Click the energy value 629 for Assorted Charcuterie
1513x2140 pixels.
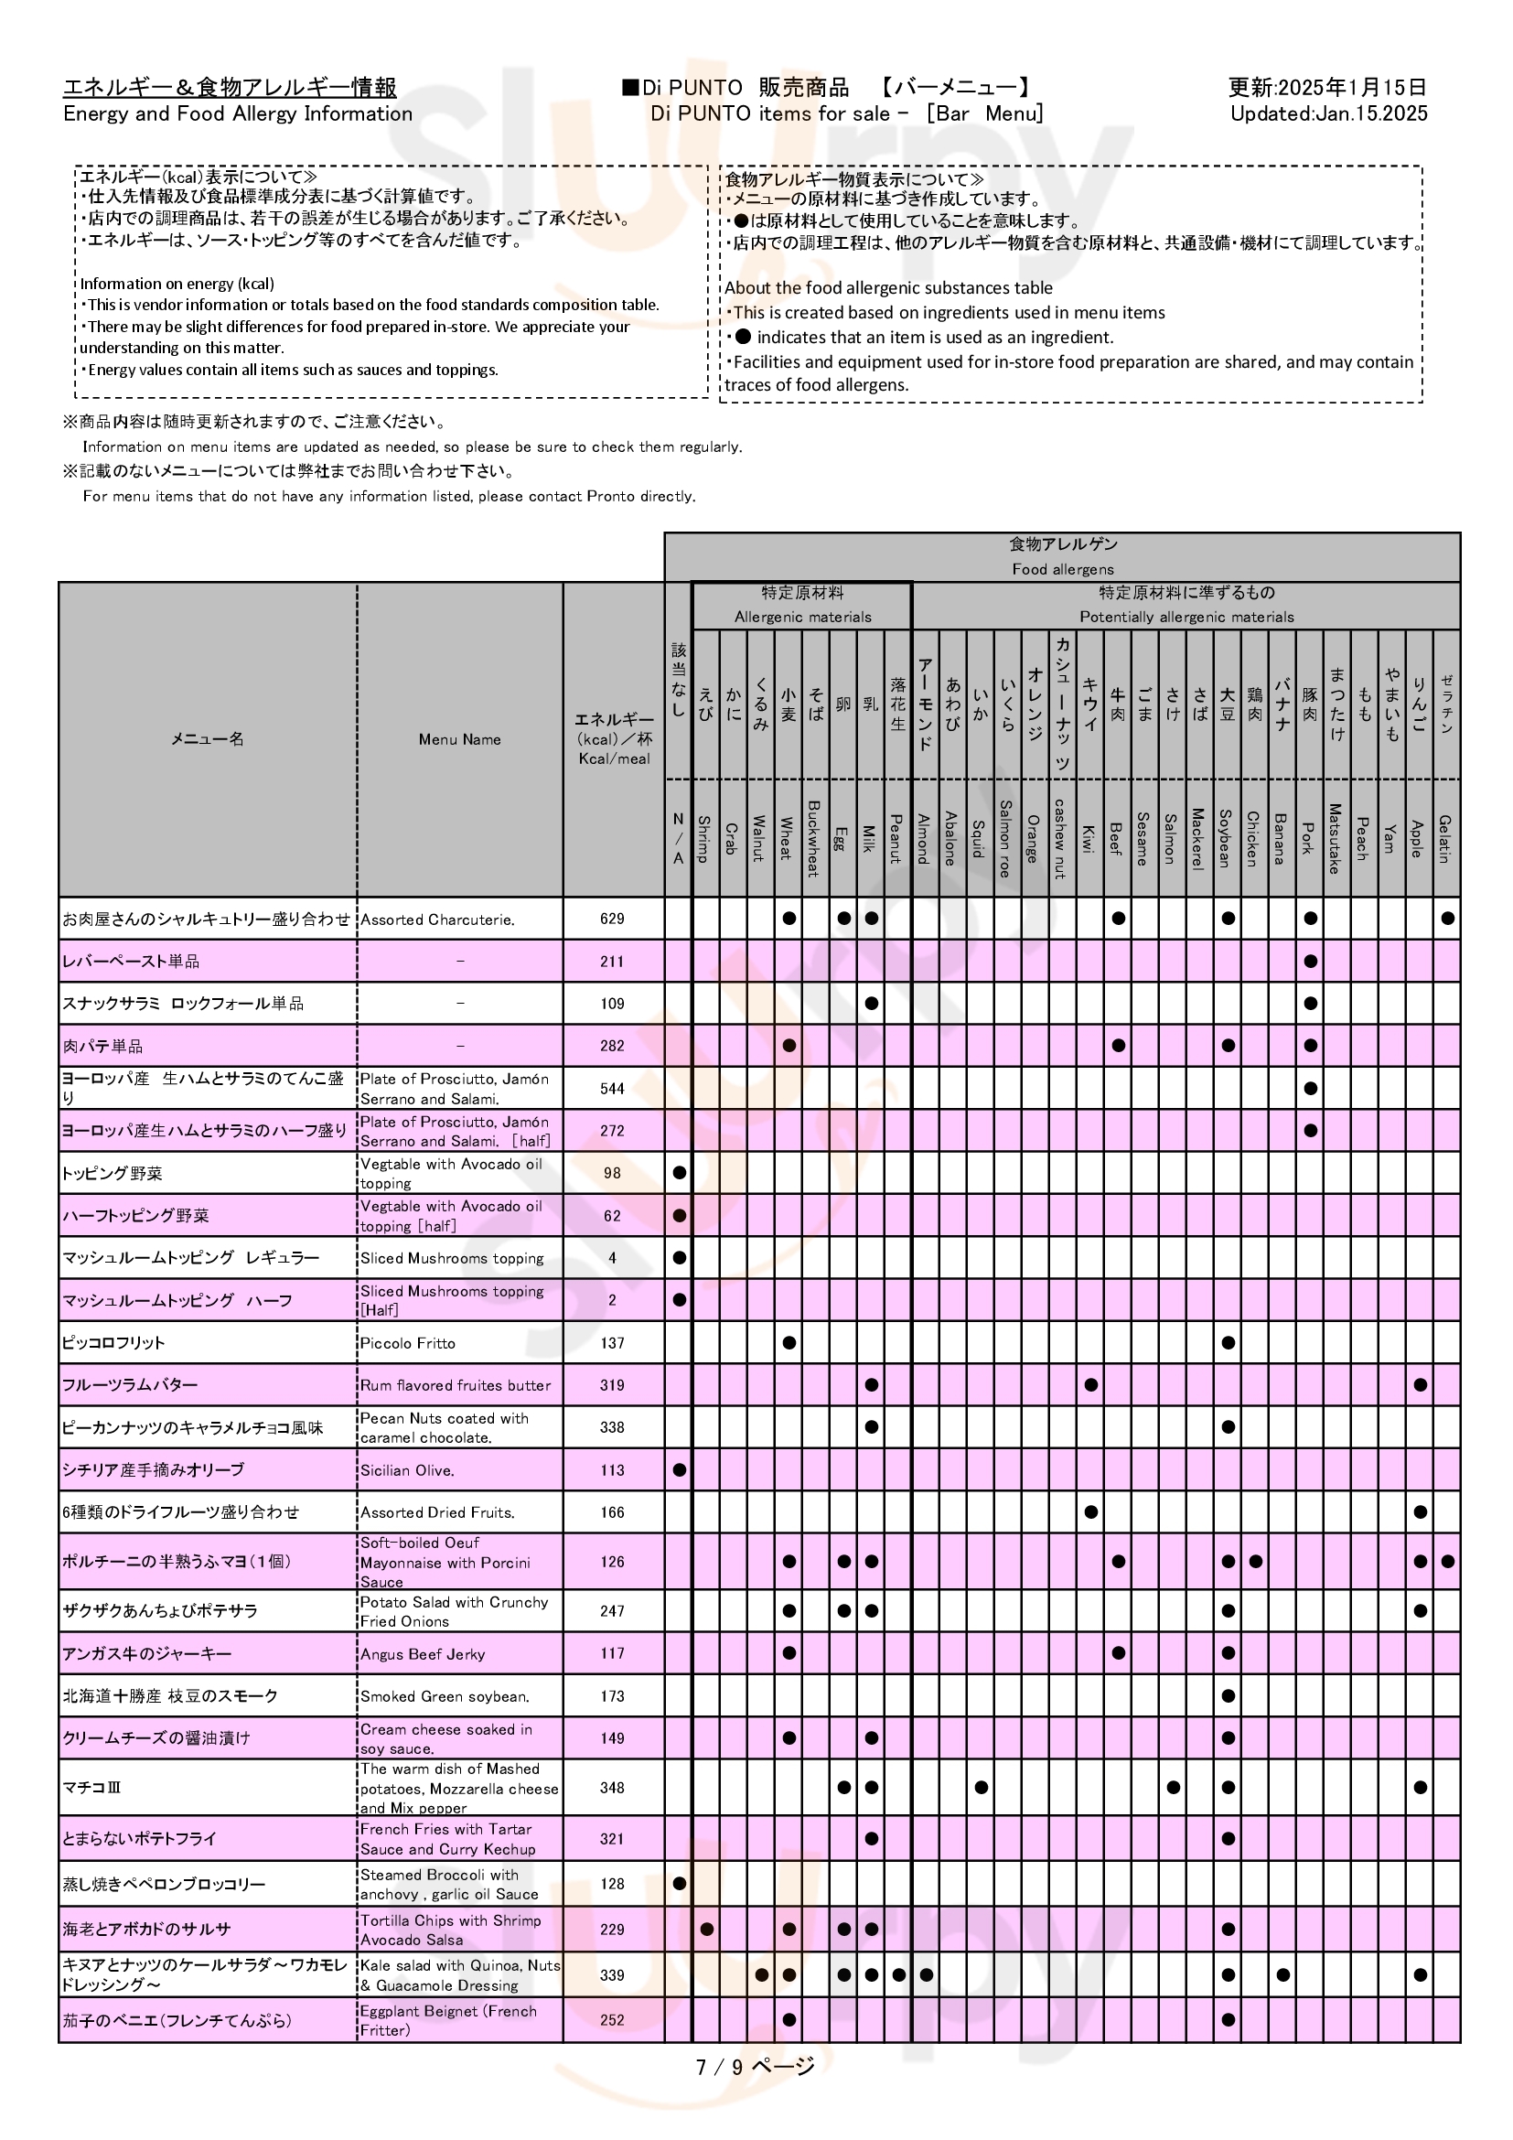612,919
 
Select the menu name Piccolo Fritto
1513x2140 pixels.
408,1343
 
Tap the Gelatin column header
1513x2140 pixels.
1446,839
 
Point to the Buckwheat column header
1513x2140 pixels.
813,839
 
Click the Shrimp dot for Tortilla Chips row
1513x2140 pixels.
706,1930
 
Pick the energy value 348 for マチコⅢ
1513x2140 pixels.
612,1788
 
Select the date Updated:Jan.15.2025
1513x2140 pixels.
1328,113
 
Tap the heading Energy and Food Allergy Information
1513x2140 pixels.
238,113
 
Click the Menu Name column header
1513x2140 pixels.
459,739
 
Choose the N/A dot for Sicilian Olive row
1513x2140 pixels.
679,1470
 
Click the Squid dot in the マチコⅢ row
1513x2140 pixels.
980,1788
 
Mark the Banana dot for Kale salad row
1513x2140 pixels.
1282,1975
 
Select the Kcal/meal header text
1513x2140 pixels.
614,758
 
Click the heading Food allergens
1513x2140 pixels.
1062,568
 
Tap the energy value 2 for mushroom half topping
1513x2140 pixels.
612,1300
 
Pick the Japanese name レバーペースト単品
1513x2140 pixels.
131,961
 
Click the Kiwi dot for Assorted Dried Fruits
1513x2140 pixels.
1090,1511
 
